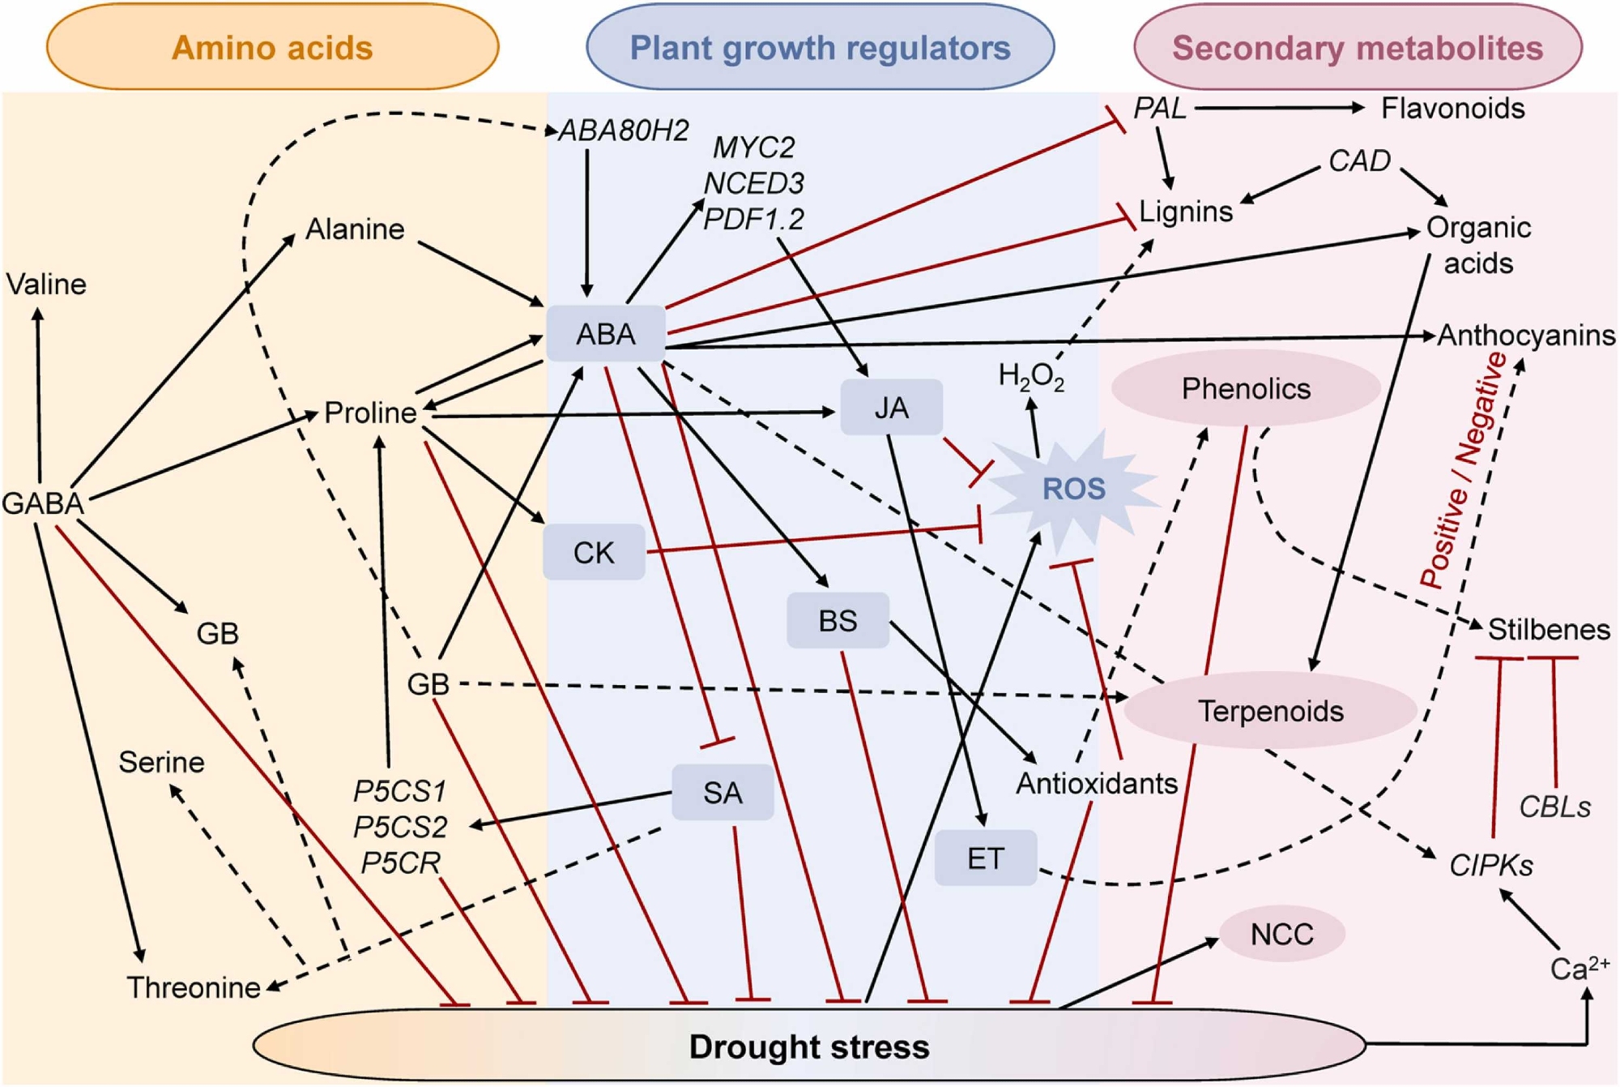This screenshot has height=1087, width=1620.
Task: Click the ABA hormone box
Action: pyautogui.click(x=606, y=334)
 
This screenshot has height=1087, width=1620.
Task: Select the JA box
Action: pyautogui.click(x=891, y=408)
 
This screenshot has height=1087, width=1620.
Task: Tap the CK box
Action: pyautogui.click(x=594, y=553)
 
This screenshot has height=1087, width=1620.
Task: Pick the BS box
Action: pyautogui.click(x=838, y=621)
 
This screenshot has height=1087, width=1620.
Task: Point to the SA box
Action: pyautogui.click(x=723, y=793)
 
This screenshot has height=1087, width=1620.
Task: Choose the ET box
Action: pyautogui.click(x=985, y=858)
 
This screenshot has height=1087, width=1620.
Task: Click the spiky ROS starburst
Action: pyautogui.click(x=1073, y=489)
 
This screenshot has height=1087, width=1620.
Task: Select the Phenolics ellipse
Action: pyautogui.click(x=1246, y=389)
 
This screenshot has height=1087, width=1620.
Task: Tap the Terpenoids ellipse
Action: pyautogui.click(x=1270, y=711)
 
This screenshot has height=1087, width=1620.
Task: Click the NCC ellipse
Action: pyautogui.click(x=1281, y=934)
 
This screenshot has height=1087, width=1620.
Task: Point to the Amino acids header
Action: pyautogui.click(x=272, y=48)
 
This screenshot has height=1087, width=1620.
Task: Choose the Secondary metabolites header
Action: pyautogui.click(x=1358, y=48)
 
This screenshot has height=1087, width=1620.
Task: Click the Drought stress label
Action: pyautogui.click(x=808, y=1046)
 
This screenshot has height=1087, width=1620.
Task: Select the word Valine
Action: pyautogui.click(x=46, y=285)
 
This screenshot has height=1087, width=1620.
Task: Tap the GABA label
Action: pyautogui.click(x=43, y=503)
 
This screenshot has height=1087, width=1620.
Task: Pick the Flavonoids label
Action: pyautogui.click(x=1452, y=109)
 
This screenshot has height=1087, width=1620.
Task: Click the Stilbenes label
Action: pyautogui.click(x=1549, y=630)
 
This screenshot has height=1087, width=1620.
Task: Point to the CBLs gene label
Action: pyautogui.click(x=1554, y=807)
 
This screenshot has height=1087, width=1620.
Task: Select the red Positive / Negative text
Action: pyautogui.click(x=1464, y=470)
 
